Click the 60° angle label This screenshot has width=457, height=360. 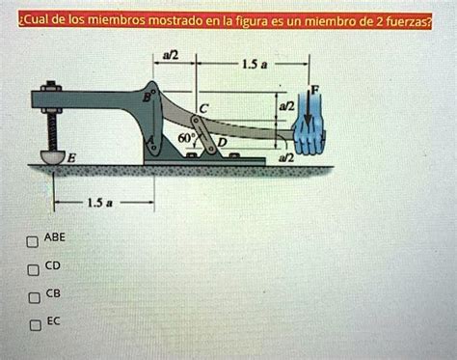[x=175, y=140]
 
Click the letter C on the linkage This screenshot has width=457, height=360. [x=202, y=107]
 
